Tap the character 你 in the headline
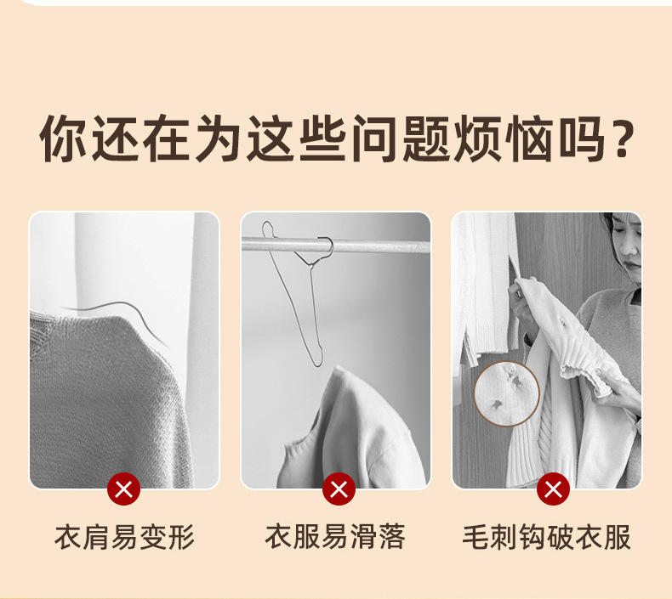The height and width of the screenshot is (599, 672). (63, 138)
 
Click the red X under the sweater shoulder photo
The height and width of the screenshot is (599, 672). (124, 489)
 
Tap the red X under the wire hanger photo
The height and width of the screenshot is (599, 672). (339, 489)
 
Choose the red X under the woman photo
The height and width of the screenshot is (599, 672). (553, 489)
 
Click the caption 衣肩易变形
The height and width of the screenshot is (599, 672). (124, 537)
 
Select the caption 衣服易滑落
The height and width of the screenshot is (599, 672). (335, 537)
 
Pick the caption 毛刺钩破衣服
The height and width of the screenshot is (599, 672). (546, 537)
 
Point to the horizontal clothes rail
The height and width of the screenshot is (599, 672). (335, 246)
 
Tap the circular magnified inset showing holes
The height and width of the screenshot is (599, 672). (506, 394)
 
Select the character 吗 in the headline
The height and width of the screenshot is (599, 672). (582, 138)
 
